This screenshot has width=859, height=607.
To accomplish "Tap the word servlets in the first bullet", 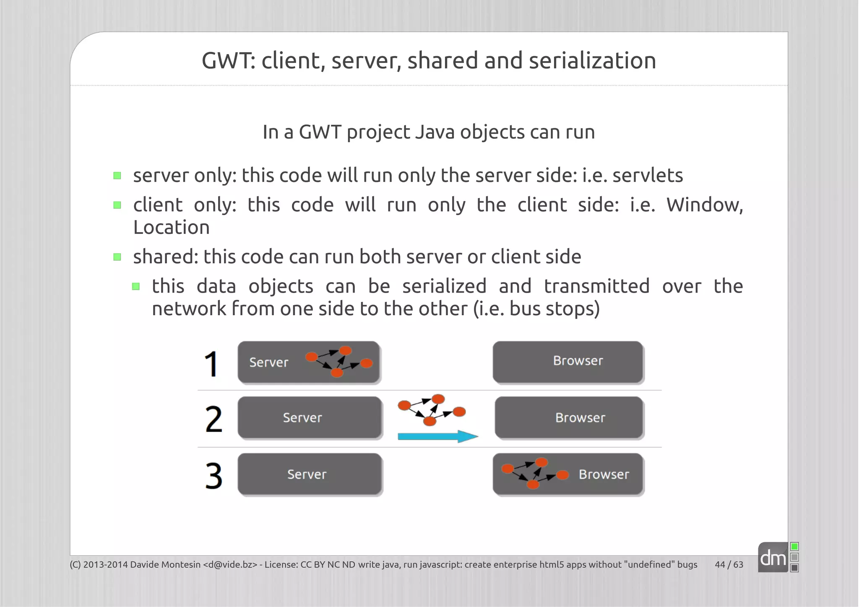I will [648, 175].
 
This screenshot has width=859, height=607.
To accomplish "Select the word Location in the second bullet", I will [171, 228].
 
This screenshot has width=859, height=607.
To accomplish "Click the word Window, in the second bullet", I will [705, 205].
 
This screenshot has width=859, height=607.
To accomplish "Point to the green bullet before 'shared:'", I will [117, 257].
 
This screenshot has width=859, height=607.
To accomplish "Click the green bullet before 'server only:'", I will [117, 176].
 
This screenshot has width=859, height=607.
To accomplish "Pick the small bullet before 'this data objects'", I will [136, 287].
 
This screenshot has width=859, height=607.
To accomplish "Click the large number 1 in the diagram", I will [211, 364].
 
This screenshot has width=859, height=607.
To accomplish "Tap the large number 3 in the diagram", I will [213, 476].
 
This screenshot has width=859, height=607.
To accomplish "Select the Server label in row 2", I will [302, 418].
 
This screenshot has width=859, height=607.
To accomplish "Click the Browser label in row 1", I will [578, 361].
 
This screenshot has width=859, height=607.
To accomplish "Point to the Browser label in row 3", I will [604, 475].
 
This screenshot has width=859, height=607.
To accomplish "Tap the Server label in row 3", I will [307, 475].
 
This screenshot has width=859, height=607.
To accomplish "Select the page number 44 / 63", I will [729, 565].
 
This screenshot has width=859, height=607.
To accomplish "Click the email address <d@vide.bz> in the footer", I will [230, 565].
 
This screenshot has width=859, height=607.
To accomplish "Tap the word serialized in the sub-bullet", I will [444, 286].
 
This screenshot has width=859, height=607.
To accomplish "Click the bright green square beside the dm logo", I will [794, 547].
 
